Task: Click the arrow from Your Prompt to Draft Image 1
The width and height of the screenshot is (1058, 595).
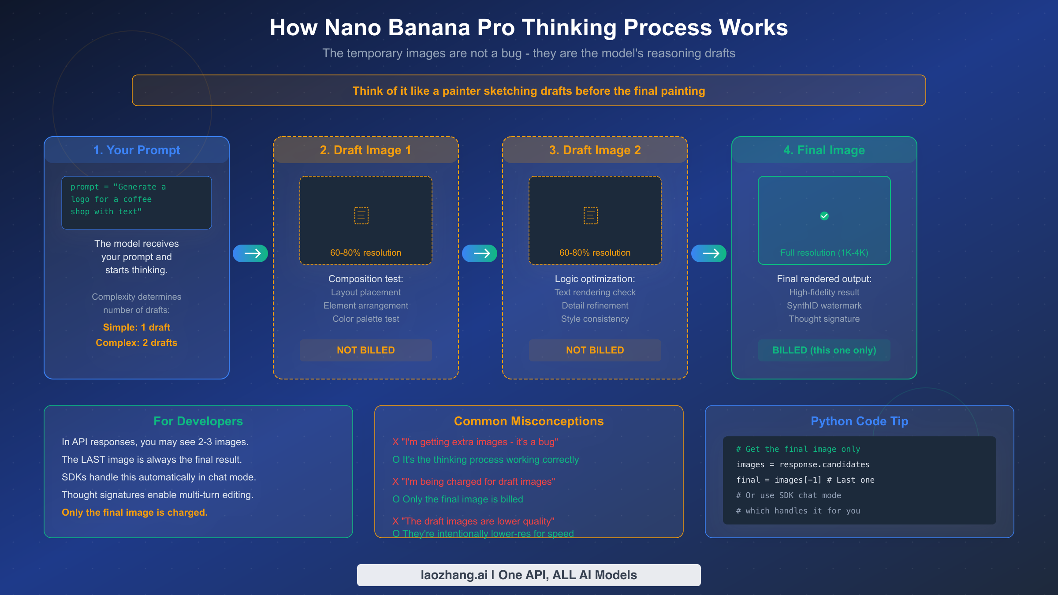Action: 250,253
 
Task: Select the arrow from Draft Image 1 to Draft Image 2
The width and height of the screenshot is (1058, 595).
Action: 480,253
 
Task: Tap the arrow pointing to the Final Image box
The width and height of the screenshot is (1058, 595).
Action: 709,253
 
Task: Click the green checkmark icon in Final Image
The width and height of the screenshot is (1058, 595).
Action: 824,216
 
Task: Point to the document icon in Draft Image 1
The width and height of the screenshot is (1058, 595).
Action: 361,216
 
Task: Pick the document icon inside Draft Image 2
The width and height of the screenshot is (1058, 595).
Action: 591,216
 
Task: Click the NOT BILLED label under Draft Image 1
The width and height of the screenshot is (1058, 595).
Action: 366,350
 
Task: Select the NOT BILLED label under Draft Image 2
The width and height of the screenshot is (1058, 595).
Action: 595,350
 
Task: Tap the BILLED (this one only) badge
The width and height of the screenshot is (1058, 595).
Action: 824,350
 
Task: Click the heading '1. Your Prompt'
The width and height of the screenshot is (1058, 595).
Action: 137,150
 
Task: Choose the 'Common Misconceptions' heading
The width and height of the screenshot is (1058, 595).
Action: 529,421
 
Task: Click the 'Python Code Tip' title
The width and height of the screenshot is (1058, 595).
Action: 860,421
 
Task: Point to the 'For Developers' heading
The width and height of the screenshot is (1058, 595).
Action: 198,421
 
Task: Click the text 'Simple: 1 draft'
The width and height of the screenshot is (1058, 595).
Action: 137,327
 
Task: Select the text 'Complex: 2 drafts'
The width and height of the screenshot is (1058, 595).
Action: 137,343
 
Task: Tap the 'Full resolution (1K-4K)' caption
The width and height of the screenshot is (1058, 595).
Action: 824,253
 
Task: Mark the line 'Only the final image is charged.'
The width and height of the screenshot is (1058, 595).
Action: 134,513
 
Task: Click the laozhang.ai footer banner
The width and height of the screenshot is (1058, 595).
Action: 529,575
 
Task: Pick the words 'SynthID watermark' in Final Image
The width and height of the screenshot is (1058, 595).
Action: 824,306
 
